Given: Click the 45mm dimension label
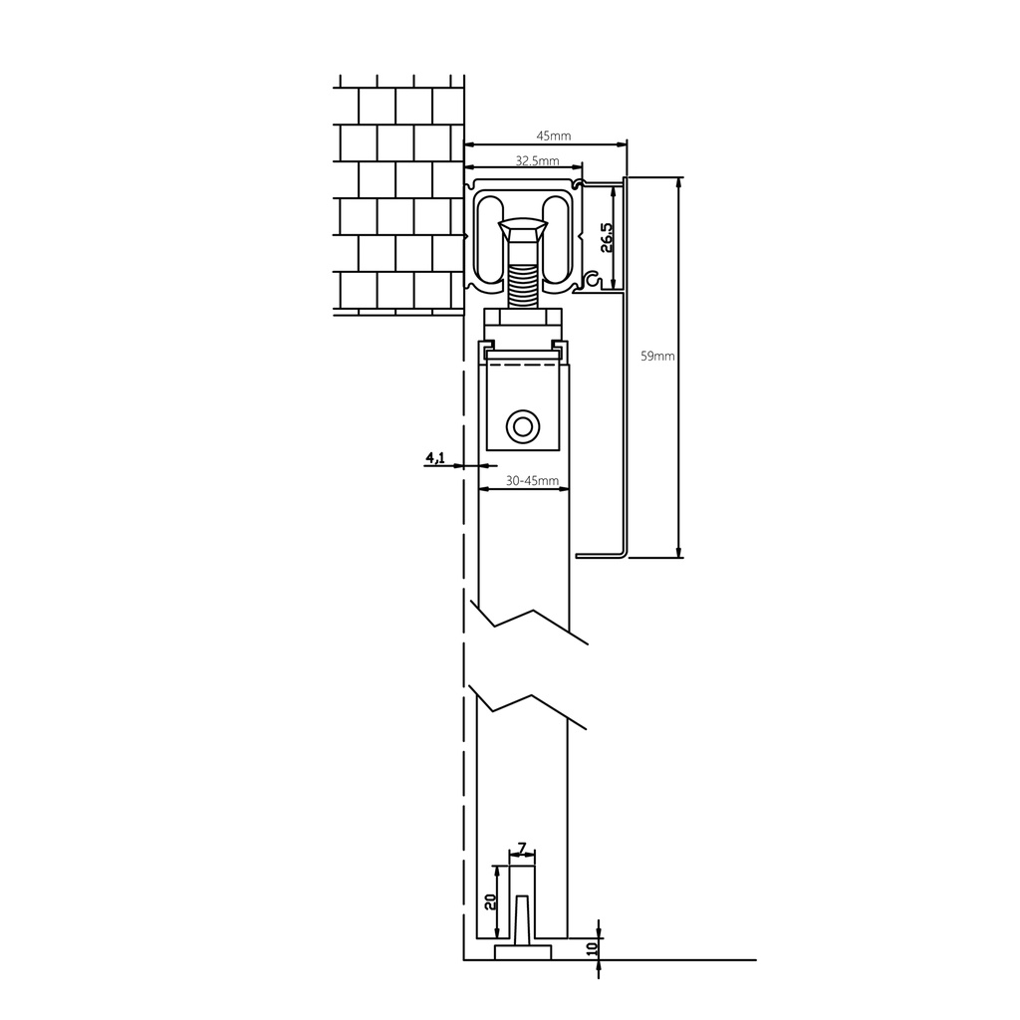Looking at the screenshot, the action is (554, 135).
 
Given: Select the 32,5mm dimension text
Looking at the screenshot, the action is (537, 160).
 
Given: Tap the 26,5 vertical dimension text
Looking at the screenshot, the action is (606, 237).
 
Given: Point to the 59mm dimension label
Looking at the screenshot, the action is (657, 356).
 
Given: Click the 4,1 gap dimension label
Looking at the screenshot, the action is (435, 458).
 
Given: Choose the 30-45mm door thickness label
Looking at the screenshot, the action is (532, 481).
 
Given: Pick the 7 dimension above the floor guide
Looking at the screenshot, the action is (522, 849).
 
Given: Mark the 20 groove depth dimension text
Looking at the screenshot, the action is (490, 901).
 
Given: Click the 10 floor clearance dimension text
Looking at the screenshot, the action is (592, 948).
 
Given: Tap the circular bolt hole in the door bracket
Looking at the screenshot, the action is (523, 427).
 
